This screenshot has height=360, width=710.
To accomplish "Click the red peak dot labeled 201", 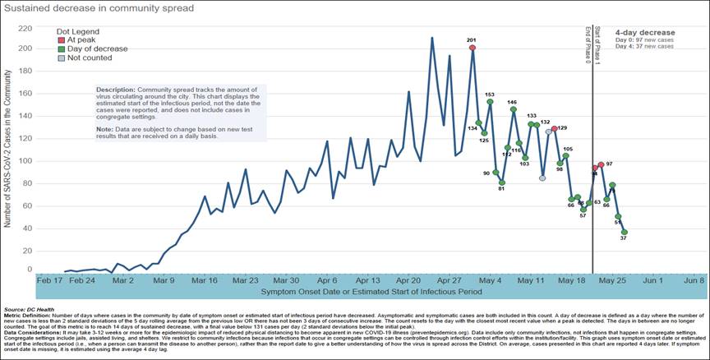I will tap(473, 48).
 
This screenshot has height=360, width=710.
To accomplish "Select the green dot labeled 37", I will tap(624, 232).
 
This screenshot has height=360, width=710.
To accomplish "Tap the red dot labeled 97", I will tap(601, 165).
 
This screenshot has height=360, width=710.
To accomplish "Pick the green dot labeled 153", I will tap(490, 102).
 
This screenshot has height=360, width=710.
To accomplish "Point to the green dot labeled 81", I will tap(502, 182).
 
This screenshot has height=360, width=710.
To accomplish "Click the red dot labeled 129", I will tap(555, 129).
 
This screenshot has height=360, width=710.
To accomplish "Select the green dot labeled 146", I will tap(513, 109).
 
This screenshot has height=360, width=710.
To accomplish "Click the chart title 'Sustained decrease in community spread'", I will tap(99, 10).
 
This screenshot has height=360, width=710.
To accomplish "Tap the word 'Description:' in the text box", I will tap(115, 88).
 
